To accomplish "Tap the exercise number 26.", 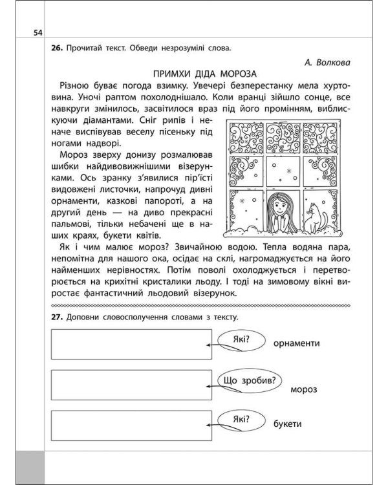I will click(x=54, y=48).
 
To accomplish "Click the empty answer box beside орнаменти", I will click(x=131, y=343).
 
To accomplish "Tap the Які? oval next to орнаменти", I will click(x=239, y=339).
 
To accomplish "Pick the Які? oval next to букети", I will click(x=239, y=421).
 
